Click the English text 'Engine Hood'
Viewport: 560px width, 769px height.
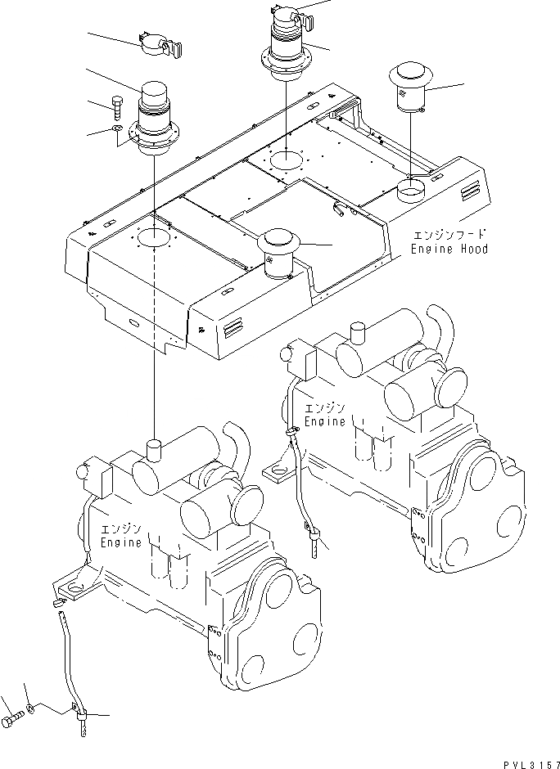[x=449, y=249]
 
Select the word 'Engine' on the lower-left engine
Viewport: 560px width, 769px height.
[x=120, y=542]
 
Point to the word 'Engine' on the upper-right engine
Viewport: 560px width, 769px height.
[x=325, y=421]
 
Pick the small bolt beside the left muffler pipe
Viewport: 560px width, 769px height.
[x=118, y=106]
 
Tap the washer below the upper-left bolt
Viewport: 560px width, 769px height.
[x=118, y=128]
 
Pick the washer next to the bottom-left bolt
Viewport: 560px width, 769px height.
[x=31, y=708]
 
